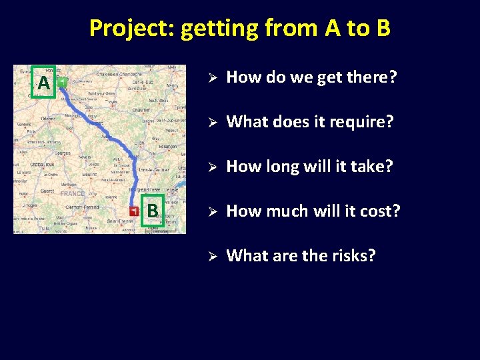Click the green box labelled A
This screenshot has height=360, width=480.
(44, 83)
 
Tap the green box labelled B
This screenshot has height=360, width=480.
(153, 211)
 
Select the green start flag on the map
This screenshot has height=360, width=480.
(61, 83)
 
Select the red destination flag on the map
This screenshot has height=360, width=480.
(135, 211)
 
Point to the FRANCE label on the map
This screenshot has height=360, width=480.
(72, 194)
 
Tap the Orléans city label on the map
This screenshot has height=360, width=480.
(48, 119)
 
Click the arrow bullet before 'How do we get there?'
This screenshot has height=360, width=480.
(209, 78)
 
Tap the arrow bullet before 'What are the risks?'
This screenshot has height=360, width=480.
(209, 257)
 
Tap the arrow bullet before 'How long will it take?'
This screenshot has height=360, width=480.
(209, 167)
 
